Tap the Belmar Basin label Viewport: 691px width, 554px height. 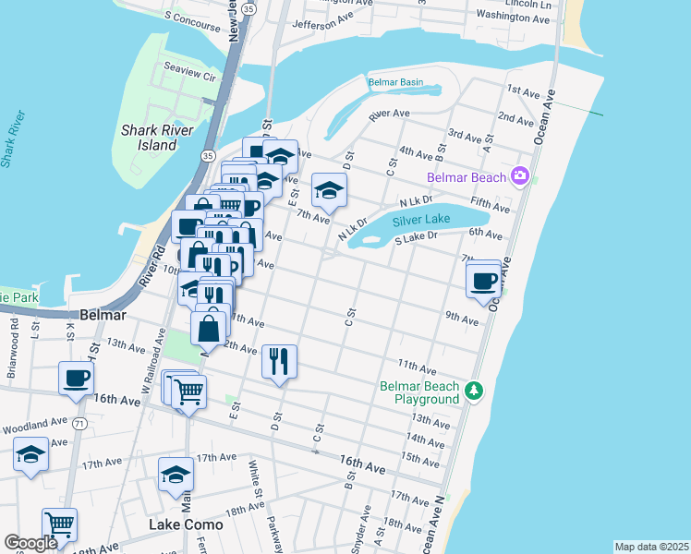pyautogui.click(x=395, y=82)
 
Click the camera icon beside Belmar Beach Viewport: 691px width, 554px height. pyautogui.click(x=520, y=175)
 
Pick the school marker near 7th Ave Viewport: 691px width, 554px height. pyautogui.click(x=329, y=190)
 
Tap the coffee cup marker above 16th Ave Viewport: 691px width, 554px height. pyautogui.click(x=76, y=378)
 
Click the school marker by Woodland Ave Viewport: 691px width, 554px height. pyautogui.click(x=31, y=454)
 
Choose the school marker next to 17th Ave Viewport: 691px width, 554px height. pyautogui.click(x=175, y=475)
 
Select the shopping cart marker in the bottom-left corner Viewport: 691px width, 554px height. pyautogui.click(x=59, y=525)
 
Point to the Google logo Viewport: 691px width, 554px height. pyautogui.click(x=30, y=543)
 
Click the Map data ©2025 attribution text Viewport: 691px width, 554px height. pyautogui.click(x=651, y=547)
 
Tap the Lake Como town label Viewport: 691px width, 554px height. pyautogui.click(x=186, y=524)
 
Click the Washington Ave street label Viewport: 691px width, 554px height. pyautogui.click(x=515, y=16)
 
